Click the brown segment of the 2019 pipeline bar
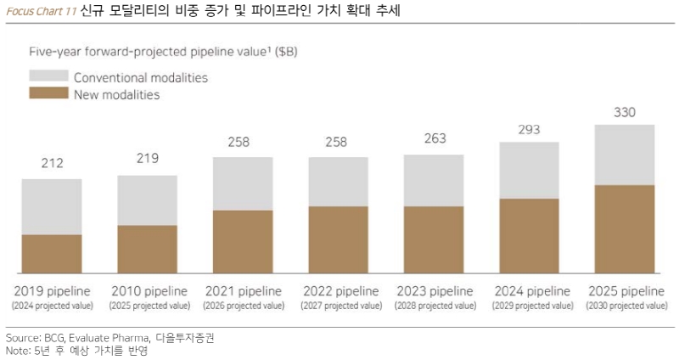pos(51,253)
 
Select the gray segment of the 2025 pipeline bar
pos(624,155)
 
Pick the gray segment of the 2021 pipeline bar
pos(242,183)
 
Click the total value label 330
pos(624,112)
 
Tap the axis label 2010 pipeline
pos(147,290)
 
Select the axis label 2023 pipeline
pos(433,290)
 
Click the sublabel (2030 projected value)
pos(624,304)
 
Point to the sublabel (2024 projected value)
pos(51,304)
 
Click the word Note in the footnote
pos(15,350)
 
